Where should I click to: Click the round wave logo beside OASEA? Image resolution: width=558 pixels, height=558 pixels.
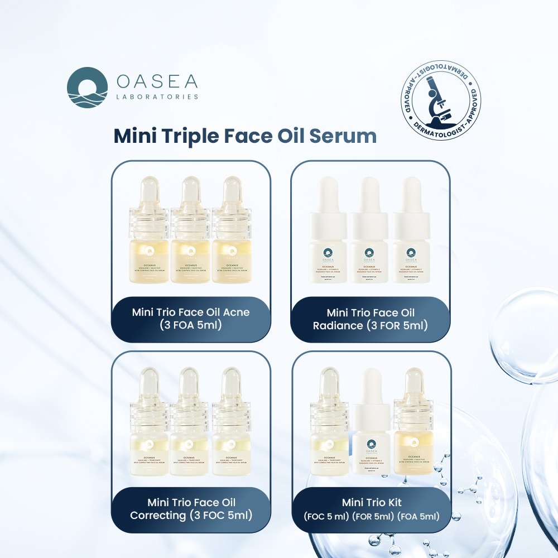(88, 87)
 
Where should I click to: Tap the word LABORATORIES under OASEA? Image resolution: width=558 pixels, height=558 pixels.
(157, 97)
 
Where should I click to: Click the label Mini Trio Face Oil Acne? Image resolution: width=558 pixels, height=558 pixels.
(191, 312)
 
